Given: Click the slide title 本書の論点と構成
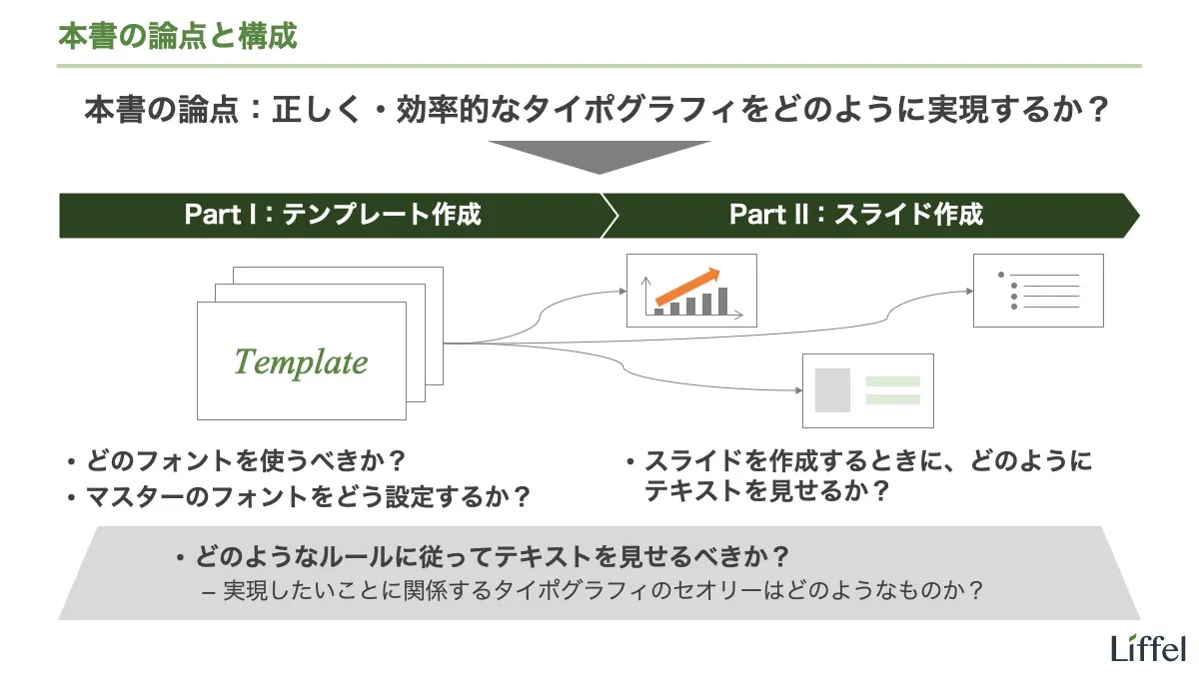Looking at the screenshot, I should point(178,37).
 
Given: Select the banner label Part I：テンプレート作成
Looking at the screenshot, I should point(333,215).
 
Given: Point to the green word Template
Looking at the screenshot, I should point(301,361).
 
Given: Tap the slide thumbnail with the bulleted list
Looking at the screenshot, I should point(1038,291).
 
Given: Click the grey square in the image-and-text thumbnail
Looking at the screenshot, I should point(832,390).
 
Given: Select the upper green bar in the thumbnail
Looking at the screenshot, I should point(892,381).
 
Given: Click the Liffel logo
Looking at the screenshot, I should point(1148,648).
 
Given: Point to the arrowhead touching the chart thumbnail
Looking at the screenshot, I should point(620,291).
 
